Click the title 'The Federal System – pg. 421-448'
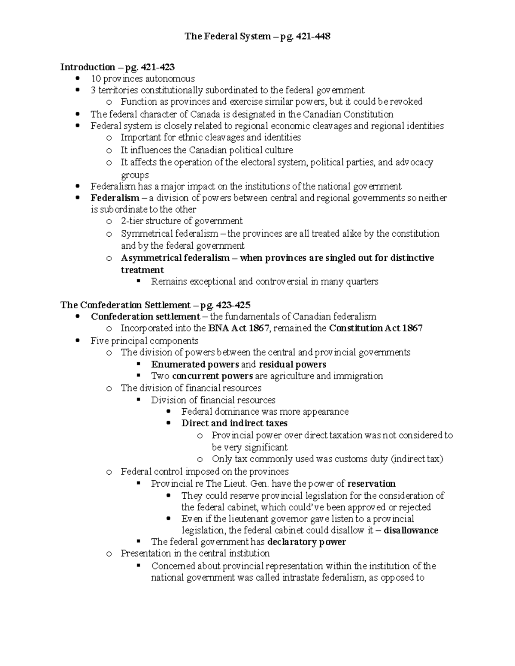coord(257,36)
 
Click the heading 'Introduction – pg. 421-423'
coord(117,67)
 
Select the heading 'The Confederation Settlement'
coord(125,305)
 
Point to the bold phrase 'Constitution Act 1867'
coord(376,328)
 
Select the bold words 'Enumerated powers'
coord(195,365)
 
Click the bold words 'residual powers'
coord(292,365)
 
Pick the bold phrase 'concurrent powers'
coord(212,376)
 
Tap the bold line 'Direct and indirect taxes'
coord(234,423)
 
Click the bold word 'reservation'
coord(371,484)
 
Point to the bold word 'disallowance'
coord(411,530)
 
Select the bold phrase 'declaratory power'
coord(306,542)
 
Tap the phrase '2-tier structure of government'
coord(182,221)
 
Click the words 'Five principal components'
coord(144,341)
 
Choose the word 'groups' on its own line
coord(135,175)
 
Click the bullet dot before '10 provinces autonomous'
coord(78,78)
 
